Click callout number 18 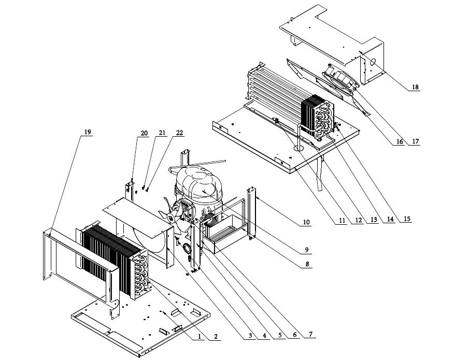click(x=415, y=87)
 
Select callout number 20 click(x=144, y=133)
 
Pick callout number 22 click(x=179, y=133)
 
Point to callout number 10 click(x=306, y=222)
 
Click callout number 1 click(x=198, y=336)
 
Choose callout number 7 click(x=310, y=334)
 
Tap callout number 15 click(x=407, y=219)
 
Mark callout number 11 click(x=342, y=221)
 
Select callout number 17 click(x=416, y=141)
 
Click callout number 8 click(x=307, y=264)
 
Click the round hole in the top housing click(x=373, y=62)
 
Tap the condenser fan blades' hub click(x=172, y=219)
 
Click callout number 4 click(x=264, y=336)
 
